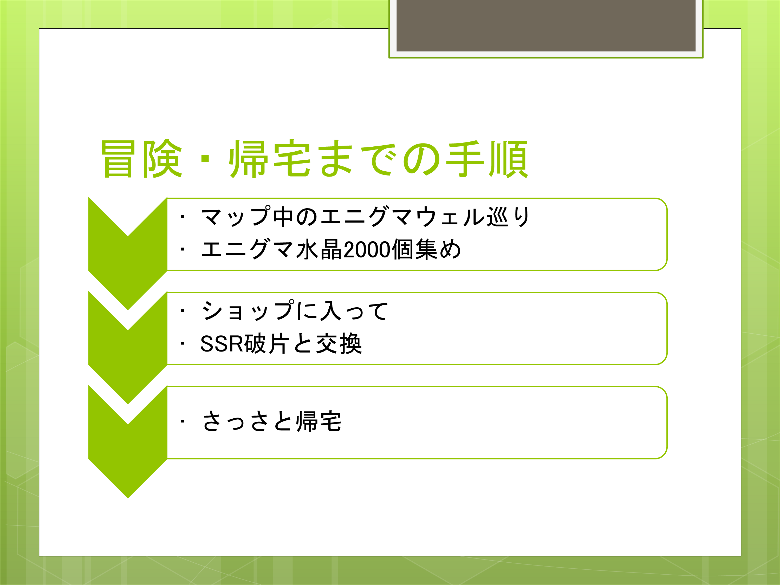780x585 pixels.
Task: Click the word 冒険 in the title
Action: (x=142, y=159)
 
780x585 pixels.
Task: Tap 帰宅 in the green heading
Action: (x=270, y=159)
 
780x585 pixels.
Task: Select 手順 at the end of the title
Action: (x=487, y=159)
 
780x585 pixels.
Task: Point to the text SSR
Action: (x=222, y=343)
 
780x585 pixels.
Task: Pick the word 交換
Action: (x=339, y=343)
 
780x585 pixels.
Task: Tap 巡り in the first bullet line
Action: (x=508, y=217)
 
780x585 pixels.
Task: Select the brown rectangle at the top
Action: (x=546, y=25)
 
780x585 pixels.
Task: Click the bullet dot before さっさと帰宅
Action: (x=182, y=421)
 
